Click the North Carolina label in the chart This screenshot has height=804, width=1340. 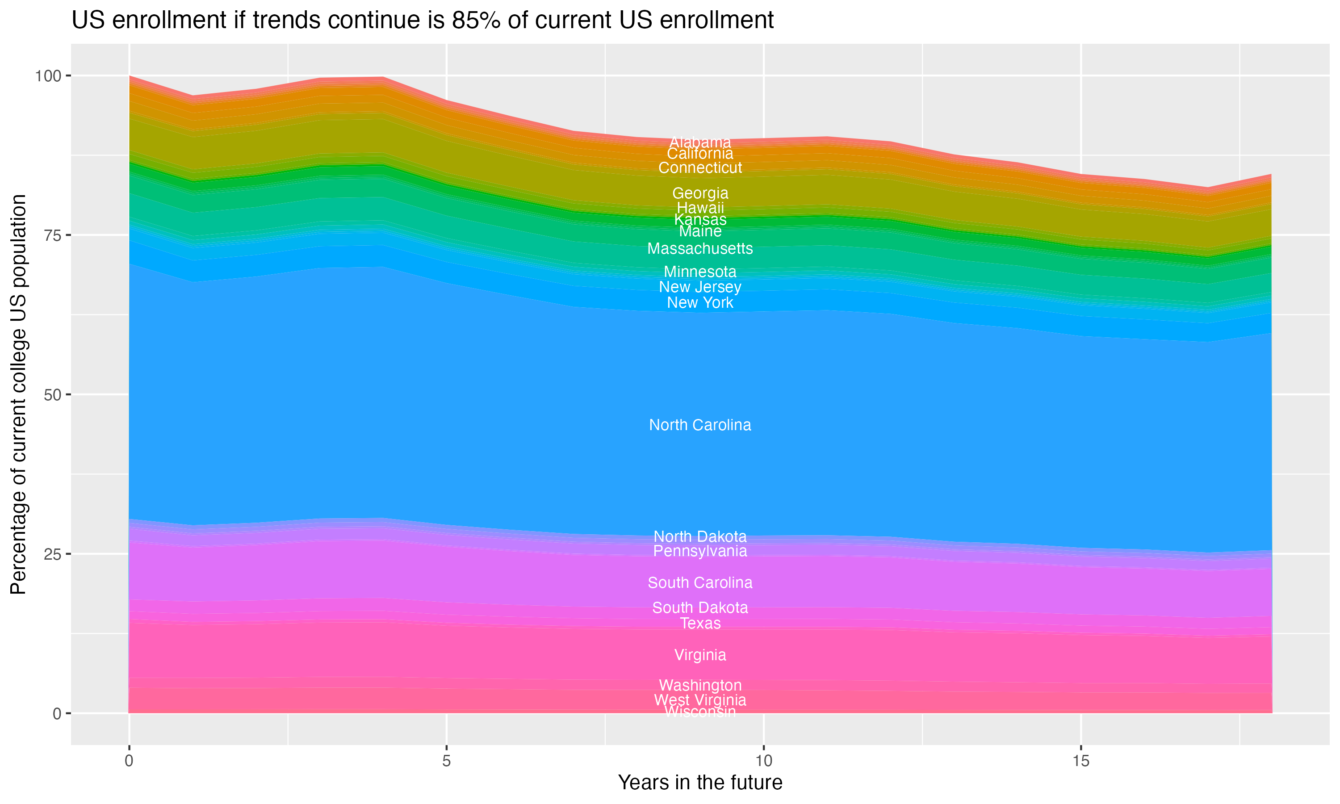coord(700,425)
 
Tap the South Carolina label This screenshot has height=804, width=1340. coord(700,583)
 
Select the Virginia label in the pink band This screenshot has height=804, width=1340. coord(700,655)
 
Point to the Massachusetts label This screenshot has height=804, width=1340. coord(700,249)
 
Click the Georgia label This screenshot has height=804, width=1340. coord(700,193)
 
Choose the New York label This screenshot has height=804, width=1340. coord(700,303)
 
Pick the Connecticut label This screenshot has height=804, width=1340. coord(700,168)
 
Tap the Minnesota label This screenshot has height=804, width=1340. coord(700,272)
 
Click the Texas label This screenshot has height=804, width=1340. coord(700,624)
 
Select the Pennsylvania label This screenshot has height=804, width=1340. coord(700,552)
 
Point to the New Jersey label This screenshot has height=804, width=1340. coord(700,287)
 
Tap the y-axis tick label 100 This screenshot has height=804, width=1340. coord(48,76)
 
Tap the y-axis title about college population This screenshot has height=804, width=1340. coord(18,394)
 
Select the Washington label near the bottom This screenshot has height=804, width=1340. coord(700,685)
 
